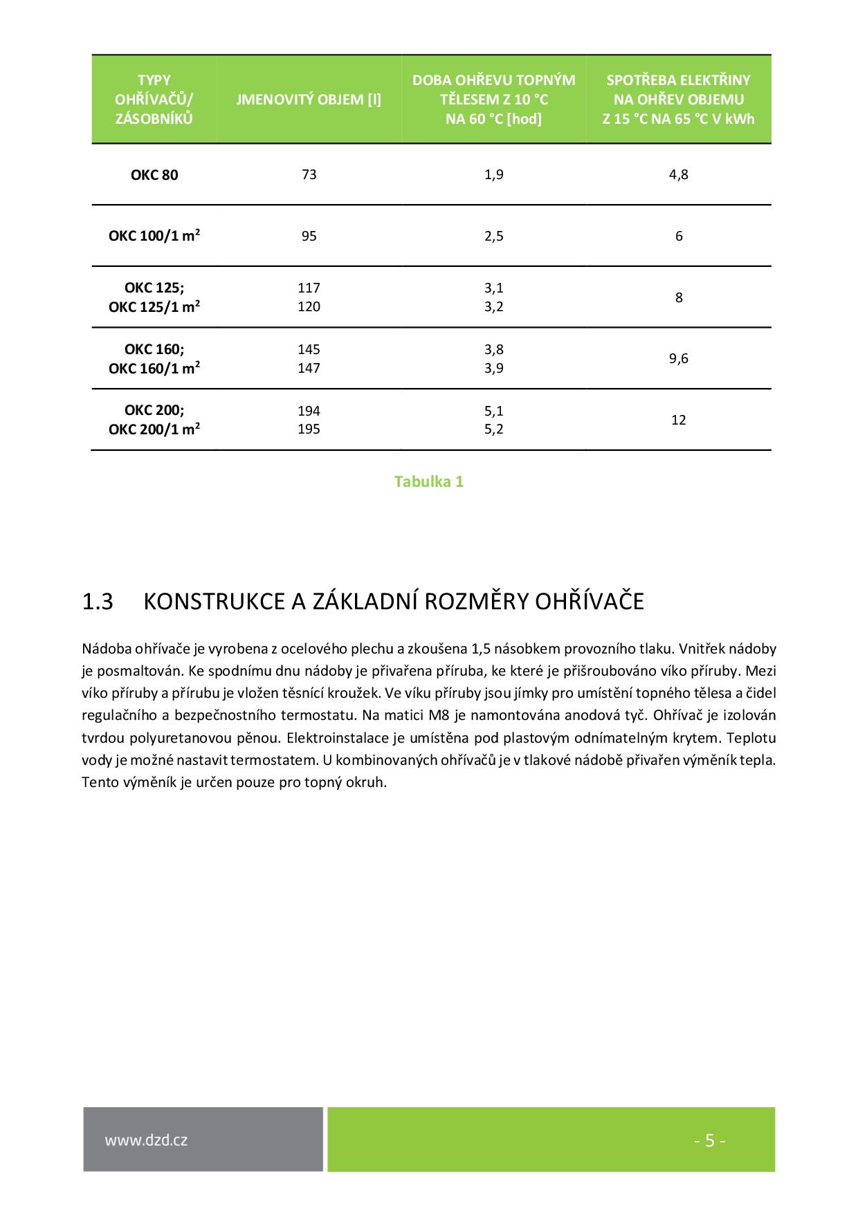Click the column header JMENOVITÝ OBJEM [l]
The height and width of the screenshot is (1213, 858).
click(309, 100)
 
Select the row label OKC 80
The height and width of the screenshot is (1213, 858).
click(154, 175)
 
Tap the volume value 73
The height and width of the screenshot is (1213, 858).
click(309, 174)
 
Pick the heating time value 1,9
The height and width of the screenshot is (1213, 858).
click(493, 174)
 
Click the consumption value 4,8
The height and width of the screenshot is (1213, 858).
click(678, 174)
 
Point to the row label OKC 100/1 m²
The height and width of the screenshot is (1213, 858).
click(154, 236)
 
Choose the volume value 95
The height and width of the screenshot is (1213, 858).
click(309, 236)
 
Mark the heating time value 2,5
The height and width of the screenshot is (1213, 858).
click(493, 236)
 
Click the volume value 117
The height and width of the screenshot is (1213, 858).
click(309, 288)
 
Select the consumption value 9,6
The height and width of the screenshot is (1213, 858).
click(678, 358)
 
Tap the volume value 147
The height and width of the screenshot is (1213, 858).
click(309, 368)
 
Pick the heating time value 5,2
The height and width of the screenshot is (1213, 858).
click(493, 429)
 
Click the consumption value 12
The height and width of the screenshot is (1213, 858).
click(678, 420)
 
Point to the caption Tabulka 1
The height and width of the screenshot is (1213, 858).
click(428, 481)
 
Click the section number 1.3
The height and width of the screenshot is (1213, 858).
click(98, 602)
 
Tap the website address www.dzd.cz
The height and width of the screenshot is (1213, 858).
click(146, 1140)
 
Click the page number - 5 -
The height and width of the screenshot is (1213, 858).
click(709, 1140)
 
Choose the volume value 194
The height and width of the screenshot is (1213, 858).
click(309, 411)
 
